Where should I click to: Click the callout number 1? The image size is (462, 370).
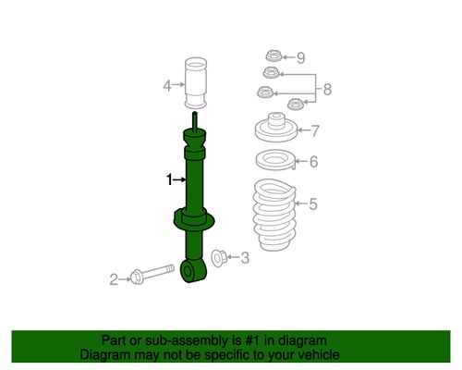pyautogui.click(x=169, y=179)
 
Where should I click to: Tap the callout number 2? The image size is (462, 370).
pyautogui.click(x=114, y=279)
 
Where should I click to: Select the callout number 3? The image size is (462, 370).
pyautogui.click(x=245, y=257)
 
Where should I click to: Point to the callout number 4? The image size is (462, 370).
pyautogui.click(x=167, y=85)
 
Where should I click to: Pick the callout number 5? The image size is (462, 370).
pyautogui.click(x=313, y=203)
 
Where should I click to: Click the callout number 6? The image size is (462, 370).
pyautogui.click(x=313, y=162)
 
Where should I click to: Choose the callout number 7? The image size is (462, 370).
pyautogui.click(x=315, y=130)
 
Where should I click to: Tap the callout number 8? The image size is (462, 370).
pyautogui.click(x=327, y=90)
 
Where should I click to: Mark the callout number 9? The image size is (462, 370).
pyautogui.click(x=301, y=57)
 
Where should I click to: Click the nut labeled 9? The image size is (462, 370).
pyautogui.click(x=274, y=55)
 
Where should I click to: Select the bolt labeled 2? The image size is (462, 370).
pyautogui.click(x=152, y=274)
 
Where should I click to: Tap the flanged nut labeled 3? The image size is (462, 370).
pyautogui.click(x=219, y=258)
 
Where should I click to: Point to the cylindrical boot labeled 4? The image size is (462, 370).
pyautogui.click(x=196, y=82)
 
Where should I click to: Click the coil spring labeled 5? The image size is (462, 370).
pyautogui.click(x=274, y=215)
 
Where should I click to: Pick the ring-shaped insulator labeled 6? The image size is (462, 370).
pyautogui.click(x=275, y=160)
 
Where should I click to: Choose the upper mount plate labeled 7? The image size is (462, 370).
pyautogui.click(x=276, y=128)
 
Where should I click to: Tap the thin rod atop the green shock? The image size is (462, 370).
pyautogui.click(x=195, y=122)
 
